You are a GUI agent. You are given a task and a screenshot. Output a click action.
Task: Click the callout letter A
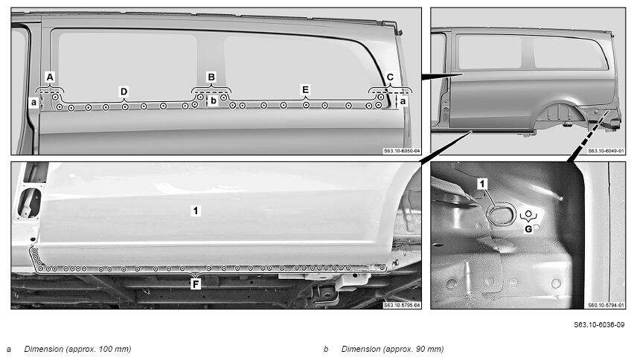point(50,77)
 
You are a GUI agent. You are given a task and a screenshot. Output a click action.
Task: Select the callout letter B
point(211,77)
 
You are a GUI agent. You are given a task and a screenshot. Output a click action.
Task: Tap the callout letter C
point(390,77)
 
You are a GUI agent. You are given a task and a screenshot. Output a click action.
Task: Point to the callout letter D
point(124,91)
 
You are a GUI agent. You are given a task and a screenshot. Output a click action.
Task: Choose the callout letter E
point(305,90)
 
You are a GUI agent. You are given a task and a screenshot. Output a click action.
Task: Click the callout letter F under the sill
point(196,284)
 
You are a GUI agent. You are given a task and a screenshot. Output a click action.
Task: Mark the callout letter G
point(528,229)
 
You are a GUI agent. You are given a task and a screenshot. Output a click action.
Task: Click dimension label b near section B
point(214,101)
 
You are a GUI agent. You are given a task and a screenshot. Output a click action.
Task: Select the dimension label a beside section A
point(34,103)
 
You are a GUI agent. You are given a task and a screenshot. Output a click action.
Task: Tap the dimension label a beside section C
point(403,102)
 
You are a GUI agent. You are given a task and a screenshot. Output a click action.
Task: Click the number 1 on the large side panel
point(196,210)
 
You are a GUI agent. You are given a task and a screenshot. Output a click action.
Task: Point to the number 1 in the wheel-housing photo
point(482,184)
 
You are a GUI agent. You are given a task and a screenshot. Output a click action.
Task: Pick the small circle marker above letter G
point(528,213)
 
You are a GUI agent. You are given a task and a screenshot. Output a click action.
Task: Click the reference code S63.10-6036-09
point(599,324)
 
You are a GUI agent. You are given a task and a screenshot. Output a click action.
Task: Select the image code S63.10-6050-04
point(402,151)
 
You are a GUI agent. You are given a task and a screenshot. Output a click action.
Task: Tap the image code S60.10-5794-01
point(606,306)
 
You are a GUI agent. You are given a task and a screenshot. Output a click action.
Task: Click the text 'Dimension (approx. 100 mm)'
point(77,349)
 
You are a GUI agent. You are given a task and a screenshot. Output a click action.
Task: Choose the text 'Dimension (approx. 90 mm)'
point(392,349)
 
